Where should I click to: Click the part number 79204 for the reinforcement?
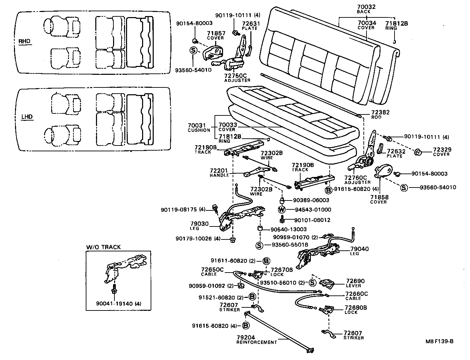click(x=245, y=337)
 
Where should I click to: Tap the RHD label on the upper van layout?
click(x=24, y=42)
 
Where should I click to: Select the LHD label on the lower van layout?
click(x=27, y=117)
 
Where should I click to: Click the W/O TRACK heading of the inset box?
click(x=103, y=247)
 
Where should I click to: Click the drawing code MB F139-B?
click(x=439, y=341)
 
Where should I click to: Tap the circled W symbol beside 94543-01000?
click(x=282, y=210)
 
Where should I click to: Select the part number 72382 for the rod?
click(x=381, y=112)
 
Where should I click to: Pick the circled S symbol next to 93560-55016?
click(x=259, y=245)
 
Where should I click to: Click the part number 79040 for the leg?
click(x=360, y=249)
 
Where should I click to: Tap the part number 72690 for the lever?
click(x=355, y=281)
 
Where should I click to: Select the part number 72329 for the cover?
click(x=442, y=150)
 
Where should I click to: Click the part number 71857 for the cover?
click(x=216, y=33)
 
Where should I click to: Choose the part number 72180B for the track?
click(x=206, y=147)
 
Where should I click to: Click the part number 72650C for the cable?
click(x=212, y=269)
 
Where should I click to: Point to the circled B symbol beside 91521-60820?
click(x=252, y=297)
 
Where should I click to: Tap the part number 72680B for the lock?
click(x=356, y=307)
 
